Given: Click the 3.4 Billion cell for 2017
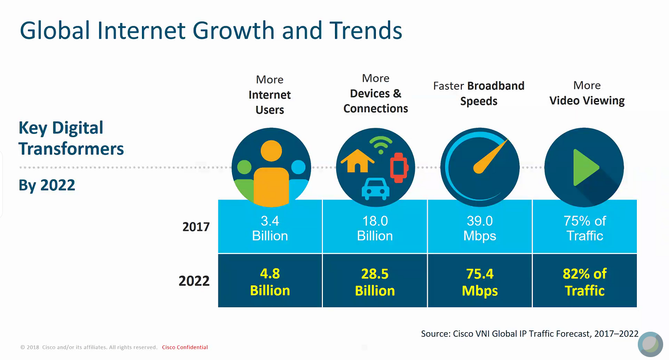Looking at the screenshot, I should point(270,228).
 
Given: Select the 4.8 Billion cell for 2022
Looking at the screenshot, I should point(270,281).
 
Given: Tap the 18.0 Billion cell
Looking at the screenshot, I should point(375,228).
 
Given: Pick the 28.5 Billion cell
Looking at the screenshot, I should point(375,281).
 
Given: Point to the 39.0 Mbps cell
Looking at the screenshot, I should point(480,228).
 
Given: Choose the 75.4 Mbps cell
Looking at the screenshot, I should point(480,281).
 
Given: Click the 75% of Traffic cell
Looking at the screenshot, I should point(585,228).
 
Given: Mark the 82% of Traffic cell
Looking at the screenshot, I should point(585,281).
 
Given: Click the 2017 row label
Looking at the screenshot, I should point(196,227).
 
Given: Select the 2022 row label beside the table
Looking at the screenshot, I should point(194,281).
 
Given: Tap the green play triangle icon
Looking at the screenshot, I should point(586,168).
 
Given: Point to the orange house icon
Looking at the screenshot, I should point(357,160).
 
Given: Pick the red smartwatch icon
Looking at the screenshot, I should point(398,167).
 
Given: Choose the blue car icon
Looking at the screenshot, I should point(375,189).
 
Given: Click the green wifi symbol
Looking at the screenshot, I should point(381,145).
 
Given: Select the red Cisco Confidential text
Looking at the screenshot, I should point(185,347).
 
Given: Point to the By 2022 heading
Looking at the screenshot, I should point(47,185).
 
